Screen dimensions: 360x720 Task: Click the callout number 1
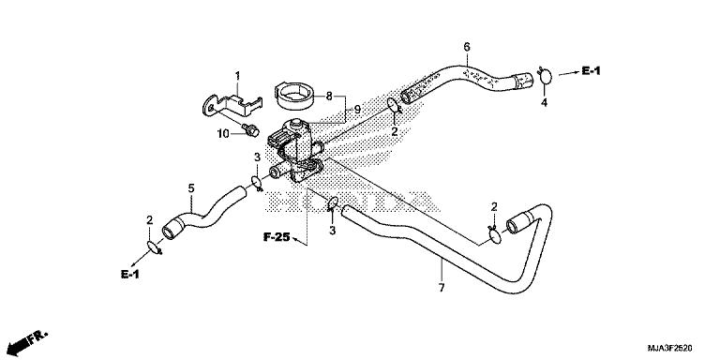pyautogui.click(x=237, y=75)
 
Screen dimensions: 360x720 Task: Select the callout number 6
pyautogui.click(x=467, y=47)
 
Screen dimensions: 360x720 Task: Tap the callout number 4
pyautogui.click(x=543, y=103)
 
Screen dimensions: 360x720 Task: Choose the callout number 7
pyautogui.click(x=440, y=266)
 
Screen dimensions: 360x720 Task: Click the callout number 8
pyautogui.click(x=328, y=96)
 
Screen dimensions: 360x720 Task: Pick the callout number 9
pyautogui.click(x=356, y=110)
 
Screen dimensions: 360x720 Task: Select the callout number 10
pyautogui.click(x=223, y=133)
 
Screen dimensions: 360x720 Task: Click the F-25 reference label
pyautogui.click(x=275, y=239)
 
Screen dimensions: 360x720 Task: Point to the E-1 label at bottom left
pyautogui.click(x=129, y=274)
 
